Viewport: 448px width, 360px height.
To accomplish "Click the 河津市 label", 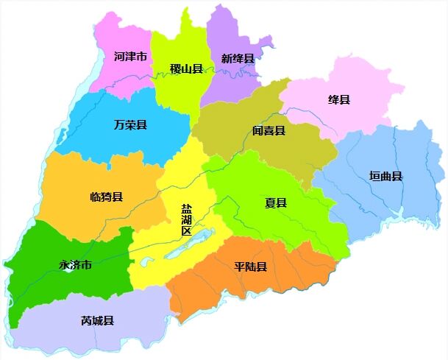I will (130, 56).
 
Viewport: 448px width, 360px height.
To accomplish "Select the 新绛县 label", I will (238, 58).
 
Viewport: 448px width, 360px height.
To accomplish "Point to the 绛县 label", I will (339, 99).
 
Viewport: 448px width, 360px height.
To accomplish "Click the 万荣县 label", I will (130, 125).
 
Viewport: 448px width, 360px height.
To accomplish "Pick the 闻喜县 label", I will (269, 131).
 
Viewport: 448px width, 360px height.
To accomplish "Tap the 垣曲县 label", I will (385, 176).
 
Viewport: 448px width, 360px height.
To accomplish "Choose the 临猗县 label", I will (106, 197).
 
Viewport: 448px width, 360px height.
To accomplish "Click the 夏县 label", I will (276, 202).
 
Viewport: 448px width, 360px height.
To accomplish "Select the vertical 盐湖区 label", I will (187, 219).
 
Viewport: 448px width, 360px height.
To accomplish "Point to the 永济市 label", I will (76, 265).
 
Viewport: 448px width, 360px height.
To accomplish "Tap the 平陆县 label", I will (250, 267).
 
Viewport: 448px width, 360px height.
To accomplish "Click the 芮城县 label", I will (97, 321).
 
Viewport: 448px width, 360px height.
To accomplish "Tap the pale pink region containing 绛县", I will (360, 88).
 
